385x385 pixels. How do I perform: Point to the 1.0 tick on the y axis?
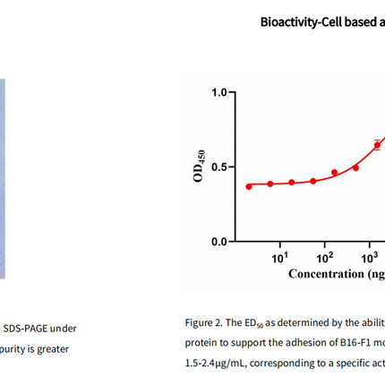pos(218,93)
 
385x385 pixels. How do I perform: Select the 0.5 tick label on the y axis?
pos(218,167)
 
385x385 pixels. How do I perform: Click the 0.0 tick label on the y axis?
pos(218,242)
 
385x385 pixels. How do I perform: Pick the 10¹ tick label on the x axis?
pos(279,258)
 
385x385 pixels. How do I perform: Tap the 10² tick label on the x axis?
pos(325,258)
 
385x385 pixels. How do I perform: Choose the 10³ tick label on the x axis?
pos(370,258)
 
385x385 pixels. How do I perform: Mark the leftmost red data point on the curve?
pos(249,186)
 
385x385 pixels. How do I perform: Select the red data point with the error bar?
pos(377,145)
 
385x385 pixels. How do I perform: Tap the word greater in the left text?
pos(53,349)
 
